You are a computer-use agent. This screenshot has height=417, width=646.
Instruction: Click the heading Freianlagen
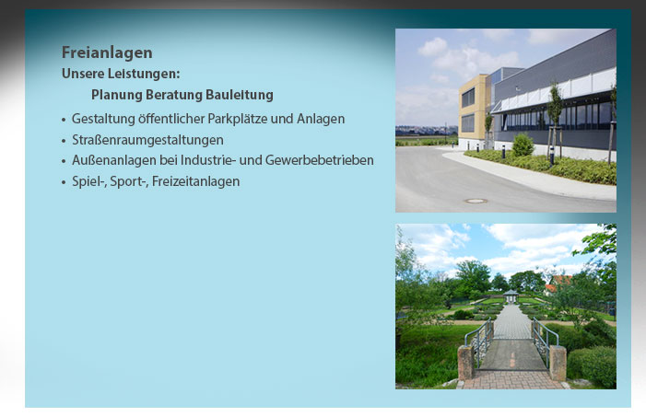[x=107, y=52]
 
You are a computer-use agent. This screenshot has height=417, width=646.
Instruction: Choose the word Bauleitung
[x=240, y=95]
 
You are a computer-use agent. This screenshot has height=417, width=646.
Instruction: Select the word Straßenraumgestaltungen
[x=147, y=140]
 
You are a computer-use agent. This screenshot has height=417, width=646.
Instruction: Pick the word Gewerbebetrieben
[x=319, y=160]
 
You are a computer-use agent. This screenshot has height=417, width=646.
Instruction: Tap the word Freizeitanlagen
[x=195, y=181]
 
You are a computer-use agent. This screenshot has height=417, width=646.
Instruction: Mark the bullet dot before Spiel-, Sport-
[x=64, y=182]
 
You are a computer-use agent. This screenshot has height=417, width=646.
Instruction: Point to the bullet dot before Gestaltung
[x=64, y=120]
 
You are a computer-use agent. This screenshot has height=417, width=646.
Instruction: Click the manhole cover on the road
[x=476, y=201]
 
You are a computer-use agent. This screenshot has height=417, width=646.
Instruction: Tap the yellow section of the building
[x=473, y=107]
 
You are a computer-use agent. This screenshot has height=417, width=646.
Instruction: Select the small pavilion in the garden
[x=511, y=296]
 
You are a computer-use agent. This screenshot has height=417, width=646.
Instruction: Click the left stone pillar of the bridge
[x=466, y=363]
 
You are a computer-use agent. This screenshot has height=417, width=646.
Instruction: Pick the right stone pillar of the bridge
[x=558, y=363]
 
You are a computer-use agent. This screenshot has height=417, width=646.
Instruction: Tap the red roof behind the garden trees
[x=559, y=282]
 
